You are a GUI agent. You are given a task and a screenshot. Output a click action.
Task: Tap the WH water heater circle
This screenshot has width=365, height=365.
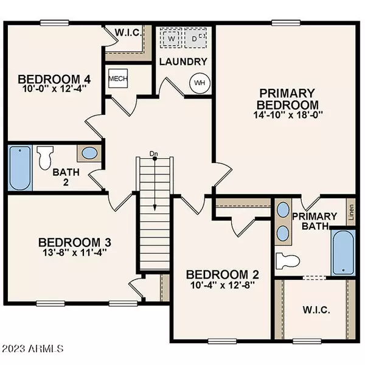200,82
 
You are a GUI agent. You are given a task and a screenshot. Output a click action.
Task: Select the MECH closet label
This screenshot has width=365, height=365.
117,78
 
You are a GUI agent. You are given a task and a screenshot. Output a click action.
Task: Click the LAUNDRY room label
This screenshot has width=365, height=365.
183,61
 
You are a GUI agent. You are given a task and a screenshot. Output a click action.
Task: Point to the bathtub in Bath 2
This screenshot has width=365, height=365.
18,168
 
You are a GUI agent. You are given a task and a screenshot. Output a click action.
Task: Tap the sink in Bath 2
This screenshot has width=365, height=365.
89,153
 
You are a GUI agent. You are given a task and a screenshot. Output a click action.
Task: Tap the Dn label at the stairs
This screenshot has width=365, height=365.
155,154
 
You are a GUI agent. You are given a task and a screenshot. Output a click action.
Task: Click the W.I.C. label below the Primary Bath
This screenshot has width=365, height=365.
316,310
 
